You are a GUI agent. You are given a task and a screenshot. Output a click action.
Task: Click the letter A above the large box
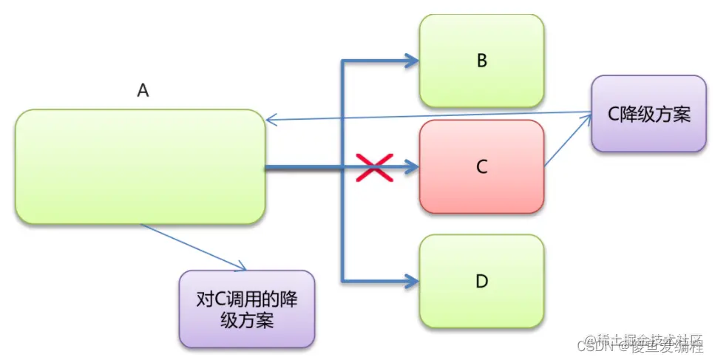[x=143, y=90]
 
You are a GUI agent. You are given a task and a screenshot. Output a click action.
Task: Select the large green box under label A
[x=140, y=166]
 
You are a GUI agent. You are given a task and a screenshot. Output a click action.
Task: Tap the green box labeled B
[x=481, y=61]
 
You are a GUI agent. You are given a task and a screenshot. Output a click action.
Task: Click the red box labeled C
[x=481, y=167]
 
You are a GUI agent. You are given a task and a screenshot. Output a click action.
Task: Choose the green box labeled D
[x=481, y=281]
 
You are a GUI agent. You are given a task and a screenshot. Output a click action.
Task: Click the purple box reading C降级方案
[x=648, y=114]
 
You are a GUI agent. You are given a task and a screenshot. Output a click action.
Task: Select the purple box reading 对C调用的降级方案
[x=246, y=309]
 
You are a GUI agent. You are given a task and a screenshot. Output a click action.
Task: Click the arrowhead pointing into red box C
[x=411, y=168]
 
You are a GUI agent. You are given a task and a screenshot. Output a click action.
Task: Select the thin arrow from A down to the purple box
[x=192, y=247]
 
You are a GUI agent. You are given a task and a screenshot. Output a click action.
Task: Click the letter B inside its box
[x=481, y=61]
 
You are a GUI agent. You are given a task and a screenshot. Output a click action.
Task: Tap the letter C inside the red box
[x=481, y=167]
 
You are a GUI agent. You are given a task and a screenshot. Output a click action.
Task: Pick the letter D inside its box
[x=481, y=281]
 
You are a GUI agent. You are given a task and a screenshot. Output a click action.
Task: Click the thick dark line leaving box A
[x=303, y=168]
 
